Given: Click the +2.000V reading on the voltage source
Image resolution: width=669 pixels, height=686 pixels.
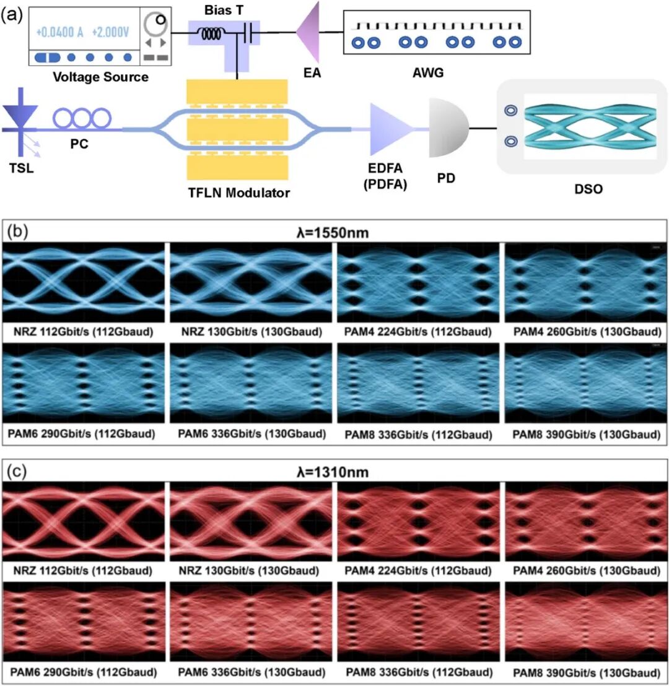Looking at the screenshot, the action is click(110, 32).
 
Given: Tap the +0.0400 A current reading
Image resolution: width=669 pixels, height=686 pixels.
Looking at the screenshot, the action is click(59, 32).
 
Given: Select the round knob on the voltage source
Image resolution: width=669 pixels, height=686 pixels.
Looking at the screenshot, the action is click(155, 24).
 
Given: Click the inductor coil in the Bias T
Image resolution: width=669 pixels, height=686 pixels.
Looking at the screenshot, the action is click(211, 33).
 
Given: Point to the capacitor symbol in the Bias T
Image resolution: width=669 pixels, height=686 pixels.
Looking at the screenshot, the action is click(248, 33).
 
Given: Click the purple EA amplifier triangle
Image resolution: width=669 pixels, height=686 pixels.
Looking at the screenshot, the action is click(308, 32).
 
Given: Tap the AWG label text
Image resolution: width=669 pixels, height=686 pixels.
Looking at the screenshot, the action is click(428, 72).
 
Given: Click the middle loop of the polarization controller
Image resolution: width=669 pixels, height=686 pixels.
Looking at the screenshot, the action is click(82, 118).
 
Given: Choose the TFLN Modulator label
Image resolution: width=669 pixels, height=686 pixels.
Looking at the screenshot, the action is click(238, 193).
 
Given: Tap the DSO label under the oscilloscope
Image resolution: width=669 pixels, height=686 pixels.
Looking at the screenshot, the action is click(588, 189).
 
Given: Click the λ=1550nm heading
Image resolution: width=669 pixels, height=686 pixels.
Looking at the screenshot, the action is click(333, 233).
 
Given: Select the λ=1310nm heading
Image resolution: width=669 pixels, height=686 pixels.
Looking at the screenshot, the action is click(333, 472).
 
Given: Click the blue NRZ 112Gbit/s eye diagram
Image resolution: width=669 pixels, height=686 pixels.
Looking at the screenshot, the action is click(83, 282).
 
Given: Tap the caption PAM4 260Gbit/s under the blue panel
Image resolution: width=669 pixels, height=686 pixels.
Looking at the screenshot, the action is click(587, 332).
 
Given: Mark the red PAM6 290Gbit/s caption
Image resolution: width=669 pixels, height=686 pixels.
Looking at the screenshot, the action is click(83, 672).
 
